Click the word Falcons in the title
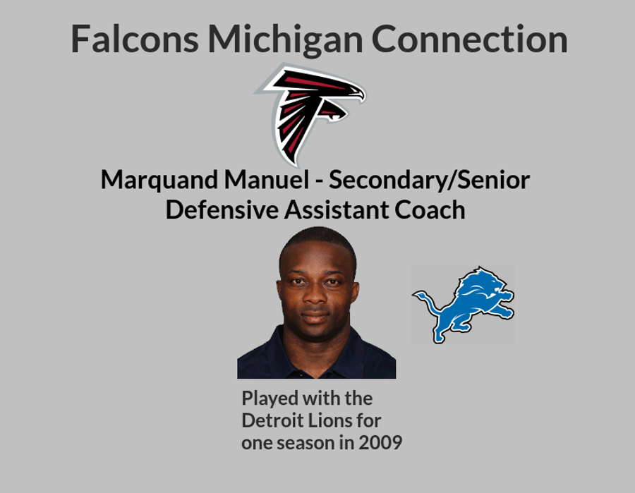tap(135, 39)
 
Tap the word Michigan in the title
tap(286, 40)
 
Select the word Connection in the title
tap(469, 39)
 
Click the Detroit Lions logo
tap(463, 305)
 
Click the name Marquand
tap(159, 181)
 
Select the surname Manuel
tap(267, 180)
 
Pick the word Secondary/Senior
tap(429, 180)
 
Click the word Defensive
tap(222, 210)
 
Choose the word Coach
tap(430, 210)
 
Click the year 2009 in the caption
tap(380, 442)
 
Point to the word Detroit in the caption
tap(272, 420)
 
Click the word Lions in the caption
tap(329, 420)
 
